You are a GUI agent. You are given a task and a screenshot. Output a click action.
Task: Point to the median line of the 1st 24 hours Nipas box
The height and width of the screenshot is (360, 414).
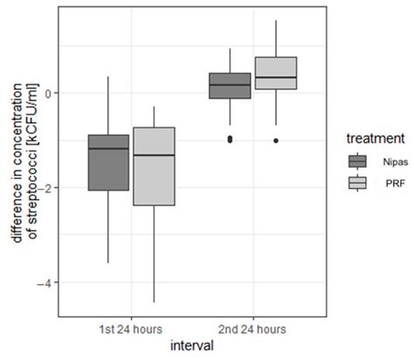[x=108, y=149]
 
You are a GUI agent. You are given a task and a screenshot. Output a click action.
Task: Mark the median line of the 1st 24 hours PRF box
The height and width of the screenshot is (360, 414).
[x=153, y=155]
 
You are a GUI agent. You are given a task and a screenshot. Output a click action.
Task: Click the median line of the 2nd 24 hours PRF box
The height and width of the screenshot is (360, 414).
[x=275, y=78]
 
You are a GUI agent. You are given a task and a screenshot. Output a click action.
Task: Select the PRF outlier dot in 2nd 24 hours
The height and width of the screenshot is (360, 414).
[x=276, y=140]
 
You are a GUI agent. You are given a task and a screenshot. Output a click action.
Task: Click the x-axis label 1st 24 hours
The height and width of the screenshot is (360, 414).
[x=130, y=329]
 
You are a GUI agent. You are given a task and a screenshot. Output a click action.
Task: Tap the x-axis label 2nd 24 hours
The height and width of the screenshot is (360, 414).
[x=252, y=329]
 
